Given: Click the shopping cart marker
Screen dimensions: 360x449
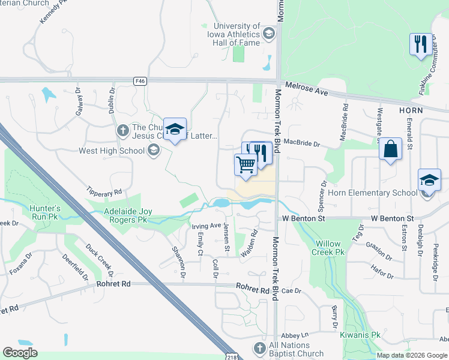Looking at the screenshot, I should tap(246, 165).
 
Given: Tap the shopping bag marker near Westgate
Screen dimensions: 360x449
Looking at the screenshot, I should tap(390, 150).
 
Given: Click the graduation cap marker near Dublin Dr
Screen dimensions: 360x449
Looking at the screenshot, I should tap(175, 130).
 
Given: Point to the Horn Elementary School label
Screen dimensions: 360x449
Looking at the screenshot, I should tap(372, 193).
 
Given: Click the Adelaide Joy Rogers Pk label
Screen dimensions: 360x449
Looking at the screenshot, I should tap(120, 216).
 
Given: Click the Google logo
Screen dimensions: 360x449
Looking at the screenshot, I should tap(20, 353).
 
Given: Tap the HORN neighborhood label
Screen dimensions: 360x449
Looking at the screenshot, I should tap(411, 110).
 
